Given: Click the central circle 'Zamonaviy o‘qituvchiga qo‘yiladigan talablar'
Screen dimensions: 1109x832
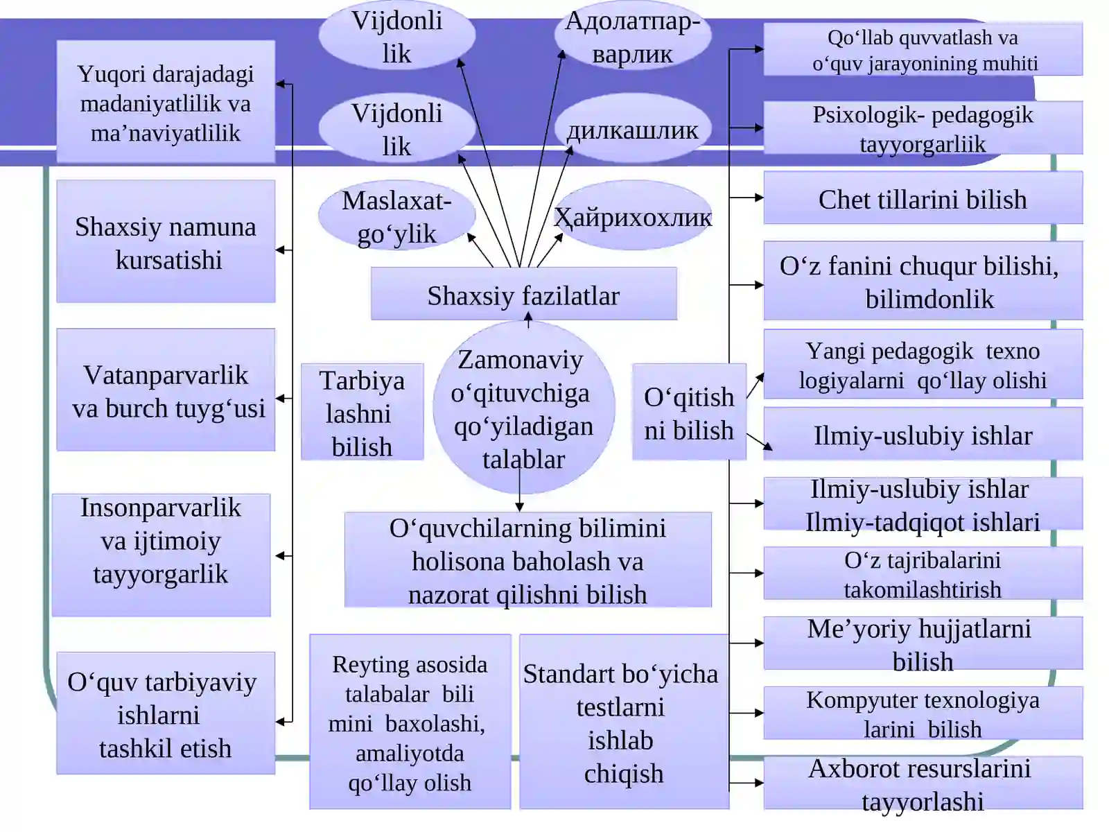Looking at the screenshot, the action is coord(524,407).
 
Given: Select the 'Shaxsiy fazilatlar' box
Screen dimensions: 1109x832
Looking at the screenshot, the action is coord(524,293).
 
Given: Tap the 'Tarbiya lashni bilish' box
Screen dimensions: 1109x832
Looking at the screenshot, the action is coord(363,412).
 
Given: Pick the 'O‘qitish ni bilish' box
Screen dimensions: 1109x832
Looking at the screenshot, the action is coord(689,412).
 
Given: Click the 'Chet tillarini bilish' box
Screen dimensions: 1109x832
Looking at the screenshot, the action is coord(923,198).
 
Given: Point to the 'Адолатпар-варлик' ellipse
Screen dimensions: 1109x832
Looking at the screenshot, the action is coord(633,35).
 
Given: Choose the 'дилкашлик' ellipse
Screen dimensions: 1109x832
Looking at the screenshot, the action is coord(633,128).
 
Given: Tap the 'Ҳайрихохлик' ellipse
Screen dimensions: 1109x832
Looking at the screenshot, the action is coord(633,216).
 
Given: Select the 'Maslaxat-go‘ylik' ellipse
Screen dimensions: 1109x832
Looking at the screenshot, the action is coord(397,216).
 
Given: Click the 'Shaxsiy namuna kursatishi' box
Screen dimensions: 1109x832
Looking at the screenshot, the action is coord(166,241).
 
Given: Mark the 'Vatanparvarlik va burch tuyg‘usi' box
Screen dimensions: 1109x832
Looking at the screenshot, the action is coord(166,390).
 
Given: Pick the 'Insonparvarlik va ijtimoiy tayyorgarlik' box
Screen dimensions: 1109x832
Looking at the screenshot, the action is coord(161,555).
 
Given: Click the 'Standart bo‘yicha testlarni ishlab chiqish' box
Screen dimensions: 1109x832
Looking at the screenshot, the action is coord(624,722).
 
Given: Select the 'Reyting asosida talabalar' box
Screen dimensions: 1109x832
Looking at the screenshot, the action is coord(410,722).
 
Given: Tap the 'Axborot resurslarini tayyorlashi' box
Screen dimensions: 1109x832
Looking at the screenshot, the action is coord(923,783).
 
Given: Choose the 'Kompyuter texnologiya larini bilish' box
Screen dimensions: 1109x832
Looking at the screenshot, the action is coord(923,713).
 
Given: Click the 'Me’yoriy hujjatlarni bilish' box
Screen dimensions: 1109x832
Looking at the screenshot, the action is coord(923,643).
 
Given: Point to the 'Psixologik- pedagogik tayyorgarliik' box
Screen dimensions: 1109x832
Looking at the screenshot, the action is coord(923,128).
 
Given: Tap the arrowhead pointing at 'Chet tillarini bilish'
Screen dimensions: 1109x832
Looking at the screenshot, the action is coord(759,198).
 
